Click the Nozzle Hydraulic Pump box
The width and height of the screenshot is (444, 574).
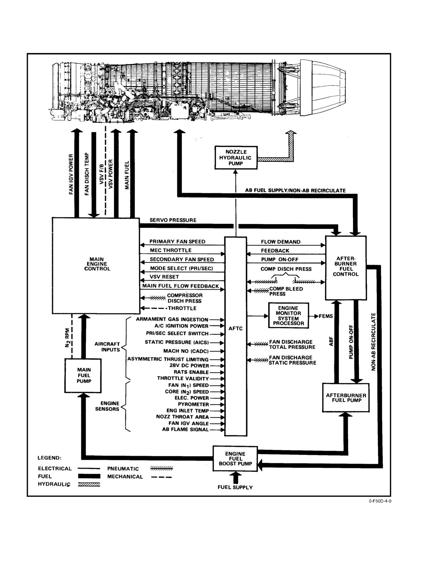(236, 158)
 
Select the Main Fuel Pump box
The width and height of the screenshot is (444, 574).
(83, 375)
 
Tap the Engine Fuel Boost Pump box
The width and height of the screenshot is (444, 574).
(235, 459)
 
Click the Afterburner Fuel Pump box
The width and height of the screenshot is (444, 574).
(346, 398)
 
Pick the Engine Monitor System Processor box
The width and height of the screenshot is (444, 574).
(288, 315)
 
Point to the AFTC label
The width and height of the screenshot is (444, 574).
(235, 329)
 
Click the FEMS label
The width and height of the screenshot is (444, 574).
(325, 316)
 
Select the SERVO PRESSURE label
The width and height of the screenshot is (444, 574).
(173, 220)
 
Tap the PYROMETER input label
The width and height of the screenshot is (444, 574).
(193, 404)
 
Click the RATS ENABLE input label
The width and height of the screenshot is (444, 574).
(191, 372)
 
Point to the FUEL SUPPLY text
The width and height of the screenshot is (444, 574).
(235, 487)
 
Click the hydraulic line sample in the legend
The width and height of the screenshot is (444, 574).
(89, 485)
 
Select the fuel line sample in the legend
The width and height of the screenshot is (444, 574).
(89, 476)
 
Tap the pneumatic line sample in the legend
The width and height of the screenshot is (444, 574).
(162, 468)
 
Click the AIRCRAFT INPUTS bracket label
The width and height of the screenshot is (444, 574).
(107, 347)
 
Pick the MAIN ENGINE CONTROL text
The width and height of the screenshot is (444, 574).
(97, 264)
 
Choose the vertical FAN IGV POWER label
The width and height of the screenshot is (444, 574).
(71, 174)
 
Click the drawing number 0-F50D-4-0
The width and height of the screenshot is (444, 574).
(380, 501)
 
